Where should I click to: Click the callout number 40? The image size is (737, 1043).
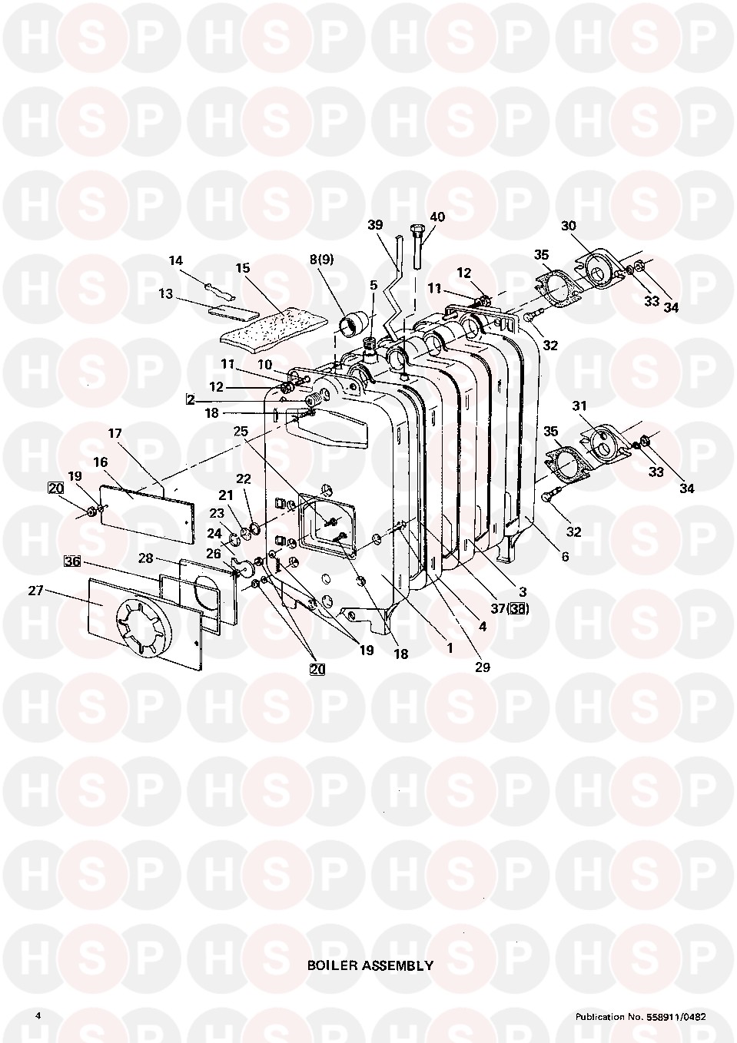(437, 217)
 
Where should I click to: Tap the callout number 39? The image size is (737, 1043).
(375, 224)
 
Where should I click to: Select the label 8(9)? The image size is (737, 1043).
(322, 260)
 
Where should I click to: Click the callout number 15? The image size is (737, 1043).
(242, 268)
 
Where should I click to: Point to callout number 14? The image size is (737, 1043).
(176, 260)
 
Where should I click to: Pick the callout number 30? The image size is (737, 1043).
(568, 226)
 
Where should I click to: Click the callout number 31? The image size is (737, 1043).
(579, 406)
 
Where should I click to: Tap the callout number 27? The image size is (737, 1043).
(35, 591)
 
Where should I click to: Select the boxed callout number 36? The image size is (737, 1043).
(72, 561)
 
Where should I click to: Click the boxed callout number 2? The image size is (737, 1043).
(190, 399)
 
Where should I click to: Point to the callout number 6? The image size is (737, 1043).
(565, 556)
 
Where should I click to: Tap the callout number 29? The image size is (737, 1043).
(483, 667)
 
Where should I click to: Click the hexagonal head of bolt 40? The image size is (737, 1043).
(415, 230)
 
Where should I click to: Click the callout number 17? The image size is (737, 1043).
(115, 433)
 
